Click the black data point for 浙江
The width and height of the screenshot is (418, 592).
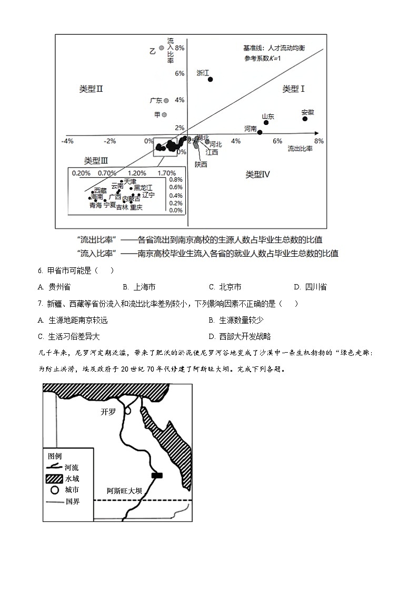coord(210,79)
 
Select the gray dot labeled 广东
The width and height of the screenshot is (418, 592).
coord(166,100)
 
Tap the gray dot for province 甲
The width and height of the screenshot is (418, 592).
coord(165,114)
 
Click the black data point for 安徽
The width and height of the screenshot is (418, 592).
coord(305,119)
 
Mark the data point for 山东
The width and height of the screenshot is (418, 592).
coord(266,123)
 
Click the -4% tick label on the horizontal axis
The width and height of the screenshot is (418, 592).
coord(67,141)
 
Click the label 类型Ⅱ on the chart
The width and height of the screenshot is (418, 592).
coord(91,89)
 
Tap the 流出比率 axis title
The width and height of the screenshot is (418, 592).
coord(300,149)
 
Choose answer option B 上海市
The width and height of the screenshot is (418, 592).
coord(139,287)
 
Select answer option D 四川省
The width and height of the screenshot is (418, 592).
coord(311,287)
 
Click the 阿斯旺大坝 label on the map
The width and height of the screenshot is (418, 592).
coord(124,490)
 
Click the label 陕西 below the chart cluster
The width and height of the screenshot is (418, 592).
coord(201,164)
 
